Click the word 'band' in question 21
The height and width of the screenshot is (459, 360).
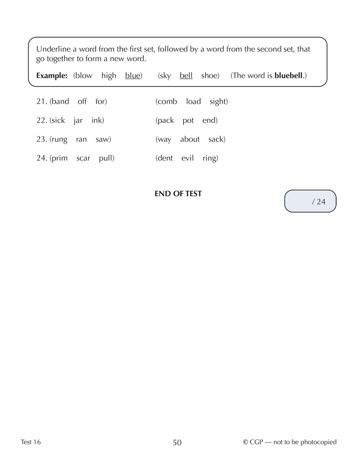click(60, 102)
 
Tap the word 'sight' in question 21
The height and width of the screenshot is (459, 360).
click(218, 102)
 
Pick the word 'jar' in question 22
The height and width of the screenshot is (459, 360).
click(78, 120)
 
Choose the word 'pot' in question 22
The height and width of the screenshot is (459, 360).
click(188, 120)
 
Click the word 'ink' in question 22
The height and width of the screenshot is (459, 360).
click(97, 120)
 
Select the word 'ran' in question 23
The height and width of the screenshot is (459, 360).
click(81, 139)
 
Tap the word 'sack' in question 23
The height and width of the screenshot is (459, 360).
click(216, 139)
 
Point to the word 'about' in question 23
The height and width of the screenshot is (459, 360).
click(190, 139)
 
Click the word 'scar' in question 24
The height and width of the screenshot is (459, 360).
click(83, 158)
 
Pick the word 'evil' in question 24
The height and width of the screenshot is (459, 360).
click(187, 158)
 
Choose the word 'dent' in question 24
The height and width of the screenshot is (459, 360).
click(165, 158)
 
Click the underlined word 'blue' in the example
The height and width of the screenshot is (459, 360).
click(132, 76)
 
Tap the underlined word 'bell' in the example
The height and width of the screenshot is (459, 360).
click(186, 76)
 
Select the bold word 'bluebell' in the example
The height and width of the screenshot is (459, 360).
click(288, 76)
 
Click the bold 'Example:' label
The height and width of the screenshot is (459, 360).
click(52, 76)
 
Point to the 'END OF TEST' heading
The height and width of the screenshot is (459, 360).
click(178, 194)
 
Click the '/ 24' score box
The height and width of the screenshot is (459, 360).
click(310, 201)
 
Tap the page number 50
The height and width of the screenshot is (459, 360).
click(177, 442)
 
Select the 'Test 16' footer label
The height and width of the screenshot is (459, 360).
click(31, 442)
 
